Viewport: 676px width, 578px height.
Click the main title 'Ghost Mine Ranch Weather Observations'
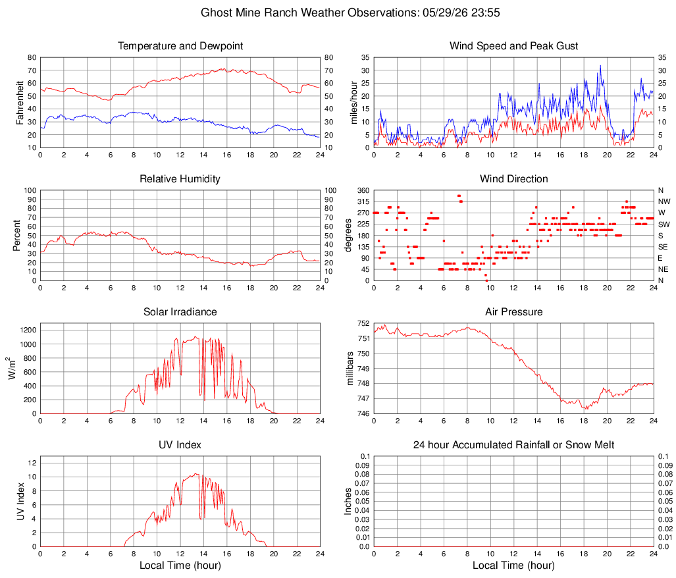pyautogui.click(x=309, y=13)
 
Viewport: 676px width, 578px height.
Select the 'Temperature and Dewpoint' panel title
pyautogui.click(x=180, y=46)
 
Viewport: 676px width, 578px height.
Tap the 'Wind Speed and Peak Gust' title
pyautogui.click(x=513, y=46)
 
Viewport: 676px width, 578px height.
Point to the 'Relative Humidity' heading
pyautogui.click(x=180, y=179)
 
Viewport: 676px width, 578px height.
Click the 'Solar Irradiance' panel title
pyautogui.click(x=180, y=311)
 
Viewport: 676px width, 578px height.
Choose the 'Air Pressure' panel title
pyautogui.click(x=513, y=311)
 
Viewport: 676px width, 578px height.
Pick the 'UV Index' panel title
pyautogui.click(x=180, y=445)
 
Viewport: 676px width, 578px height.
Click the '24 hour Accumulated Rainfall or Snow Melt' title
pyautogui.click(x=513, y=445)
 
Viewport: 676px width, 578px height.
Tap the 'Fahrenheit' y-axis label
pyautogui.click(x=20, y=103)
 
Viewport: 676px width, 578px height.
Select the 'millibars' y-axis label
pyautogui.click(x=350, y=369)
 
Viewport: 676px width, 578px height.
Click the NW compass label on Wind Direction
pyautogui.click(x=664, y=201)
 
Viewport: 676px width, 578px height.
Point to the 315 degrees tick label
pyautogui.click(x=363, y=201)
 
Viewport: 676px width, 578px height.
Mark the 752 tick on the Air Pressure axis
pyautogui.click(x=363, y=323)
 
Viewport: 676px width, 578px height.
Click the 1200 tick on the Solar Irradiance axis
pyautogui.click(x=28, y=330)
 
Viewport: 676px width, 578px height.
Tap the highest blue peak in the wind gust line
pyautogui.click(x=600, y=66)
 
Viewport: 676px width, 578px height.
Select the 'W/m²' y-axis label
pyautogui.click(x=11, y=368)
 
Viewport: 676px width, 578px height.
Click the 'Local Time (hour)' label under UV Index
pyautogui.click(x=180, y=565)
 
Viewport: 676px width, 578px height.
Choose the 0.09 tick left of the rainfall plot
pyautogui.click(x=363, y=465)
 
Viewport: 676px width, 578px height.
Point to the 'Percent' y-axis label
pyautogui.click(x=17, y=235)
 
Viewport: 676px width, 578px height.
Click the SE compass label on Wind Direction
pyautogui.click(x=663, y=247)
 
